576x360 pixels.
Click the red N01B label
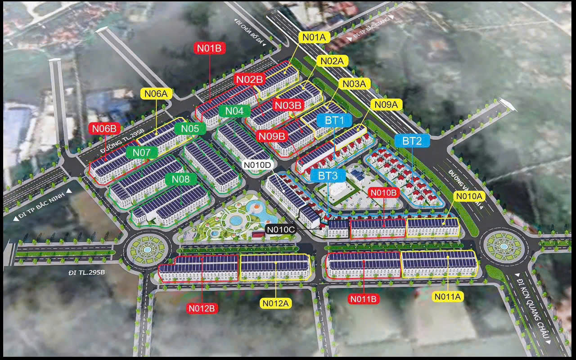pyautogui.click(x=209, y=48)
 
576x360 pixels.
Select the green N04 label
pyautogui.click(x=234, y=111)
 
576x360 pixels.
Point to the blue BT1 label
pyautogui.click(x=334, y=120)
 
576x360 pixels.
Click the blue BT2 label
pyautogui.click(x=412, y=141)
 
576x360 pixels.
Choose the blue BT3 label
pyautogui.click(x=328, y=175)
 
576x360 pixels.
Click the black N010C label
pyautogui.click(x=280, y=229)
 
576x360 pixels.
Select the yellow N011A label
pyautogui.click(x=448, y=296)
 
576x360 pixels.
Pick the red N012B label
pyautogui.click(x=202, y=308)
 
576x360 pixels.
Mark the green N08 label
pyautogui.click(x=181, y=179)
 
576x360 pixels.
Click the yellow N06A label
pyautogui.click(x=156, y=94)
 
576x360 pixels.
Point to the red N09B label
pyautogui.click(x=272, y=135)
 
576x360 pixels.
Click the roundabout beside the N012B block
pyautogui.click(x=147, y=249)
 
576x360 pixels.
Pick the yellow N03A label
pyautogui.click(x=354, y=84)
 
